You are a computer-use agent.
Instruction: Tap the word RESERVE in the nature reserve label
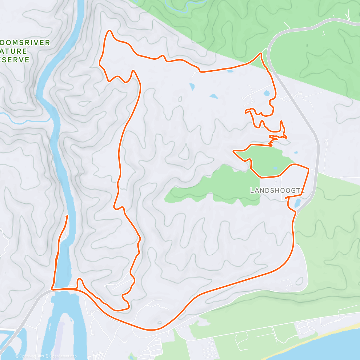click(15, 60)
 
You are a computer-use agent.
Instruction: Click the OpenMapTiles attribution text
click(31, 356)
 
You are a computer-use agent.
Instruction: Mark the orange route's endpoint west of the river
click(67, 216)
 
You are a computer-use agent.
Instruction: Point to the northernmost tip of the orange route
click(109, 31)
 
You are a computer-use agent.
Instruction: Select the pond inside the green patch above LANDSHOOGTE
click(276, 168)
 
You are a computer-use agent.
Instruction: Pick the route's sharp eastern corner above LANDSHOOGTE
click(308, 169)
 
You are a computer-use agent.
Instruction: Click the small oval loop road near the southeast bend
click(299, 281)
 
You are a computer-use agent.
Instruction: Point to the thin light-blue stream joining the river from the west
click(27, 121)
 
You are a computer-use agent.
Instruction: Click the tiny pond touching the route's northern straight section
click(230, 71)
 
